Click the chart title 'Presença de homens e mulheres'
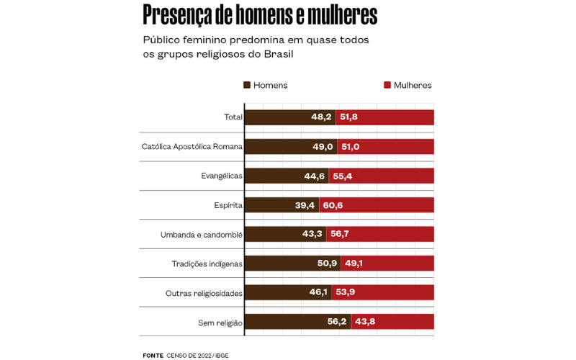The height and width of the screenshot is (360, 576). tap(260, 14)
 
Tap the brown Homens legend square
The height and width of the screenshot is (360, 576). tap(247, 85)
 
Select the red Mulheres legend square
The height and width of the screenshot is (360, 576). tap(387, 85)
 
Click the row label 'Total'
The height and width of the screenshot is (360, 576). tap(233, 117)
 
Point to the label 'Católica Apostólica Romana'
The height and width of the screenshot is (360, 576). tap(192, 146)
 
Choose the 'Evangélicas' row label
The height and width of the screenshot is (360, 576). tap(222, 176)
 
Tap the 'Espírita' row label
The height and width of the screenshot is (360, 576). tap(228, 205)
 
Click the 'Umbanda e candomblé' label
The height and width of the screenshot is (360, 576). tap(202, 235)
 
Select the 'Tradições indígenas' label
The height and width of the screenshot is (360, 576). tap(207, 264)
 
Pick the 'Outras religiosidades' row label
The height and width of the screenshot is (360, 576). tap(204, 293)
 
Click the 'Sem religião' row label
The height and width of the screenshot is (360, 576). tap(220, 323)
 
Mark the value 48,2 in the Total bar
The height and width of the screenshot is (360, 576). tap(321, 117)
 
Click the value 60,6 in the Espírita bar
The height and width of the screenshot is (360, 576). tap(333, 205)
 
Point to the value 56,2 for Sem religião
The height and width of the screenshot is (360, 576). tap(337, 322)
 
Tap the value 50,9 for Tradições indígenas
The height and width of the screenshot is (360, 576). tap(327, 264)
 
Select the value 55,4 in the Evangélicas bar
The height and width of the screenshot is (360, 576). tap(343, 176)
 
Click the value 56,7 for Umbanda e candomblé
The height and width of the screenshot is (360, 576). tap(340, 235)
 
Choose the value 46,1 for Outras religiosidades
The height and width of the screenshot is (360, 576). tap(318, 292)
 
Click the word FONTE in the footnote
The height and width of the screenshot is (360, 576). tap(153, 355)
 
